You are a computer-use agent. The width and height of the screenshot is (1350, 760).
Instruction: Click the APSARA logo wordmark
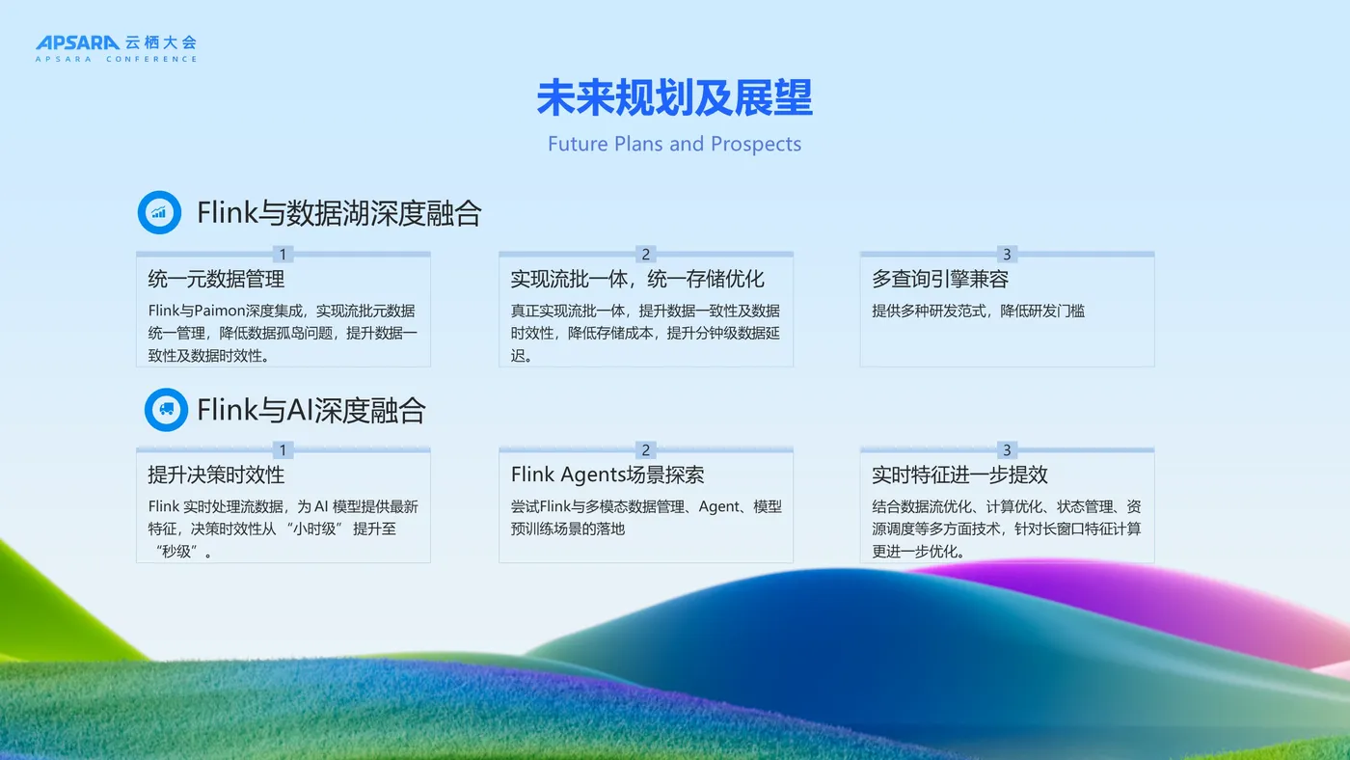click(x=77, y=42)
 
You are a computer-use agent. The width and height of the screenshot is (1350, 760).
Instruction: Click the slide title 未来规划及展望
click(x=674, y=97)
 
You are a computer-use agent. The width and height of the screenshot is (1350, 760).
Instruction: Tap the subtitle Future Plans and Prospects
click(x=674, y=144)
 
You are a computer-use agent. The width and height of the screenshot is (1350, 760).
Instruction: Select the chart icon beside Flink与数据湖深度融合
click(x=159, y=212)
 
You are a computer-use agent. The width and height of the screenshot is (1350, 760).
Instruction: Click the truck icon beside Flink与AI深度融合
click(x=166, y=410)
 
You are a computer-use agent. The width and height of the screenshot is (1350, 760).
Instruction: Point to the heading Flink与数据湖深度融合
click(x=339, y=213)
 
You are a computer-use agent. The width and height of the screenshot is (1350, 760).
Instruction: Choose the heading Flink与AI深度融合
click(x=310, y=411)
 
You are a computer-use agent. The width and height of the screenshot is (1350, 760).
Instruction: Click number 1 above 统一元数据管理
click(x=283, y=255)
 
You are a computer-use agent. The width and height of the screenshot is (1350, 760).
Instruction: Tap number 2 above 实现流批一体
click(x=645, y=255)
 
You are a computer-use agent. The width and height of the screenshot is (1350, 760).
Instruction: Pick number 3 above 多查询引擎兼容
click(x=1007, y=255)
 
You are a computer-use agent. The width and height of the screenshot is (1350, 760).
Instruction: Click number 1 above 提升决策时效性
click(x=283, y=450)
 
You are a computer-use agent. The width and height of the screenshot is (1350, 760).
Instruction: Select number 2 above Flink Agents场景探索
click(x=645, y=450)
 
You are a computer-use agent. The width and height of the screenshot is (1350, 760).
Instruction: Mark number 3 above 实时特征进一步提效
click(x=1007, y=450)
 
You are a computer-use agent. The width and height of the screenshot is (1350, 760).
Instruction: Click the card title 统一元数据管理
click(x=216, y=279)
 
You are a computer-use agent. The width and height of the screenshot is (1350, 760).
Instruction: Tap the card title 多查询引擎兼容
click(x=940, y=279)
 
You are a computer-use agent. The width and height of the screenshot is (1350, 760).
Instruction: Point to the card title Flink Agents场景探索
click(x=607, y=475)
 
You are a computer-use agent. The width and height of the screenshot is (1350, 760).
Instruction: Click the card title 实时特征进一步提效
click(x=959, y=475)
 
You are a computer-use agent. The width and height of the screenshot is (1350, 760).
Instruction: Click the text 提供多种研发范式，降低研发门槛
click(x=978, y=311)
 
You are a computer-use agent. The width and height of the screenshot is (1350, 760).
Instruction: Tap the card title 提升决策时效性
click(x=216, y=475)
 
